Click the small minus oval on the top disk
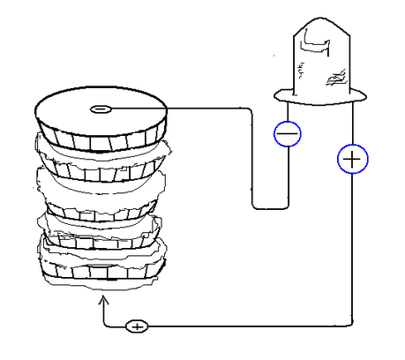click(101, 109)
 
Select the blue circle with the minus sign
click(288, 133)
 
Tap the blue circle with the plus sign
click(352, 159)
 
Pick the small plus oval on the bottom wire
click(137, 326)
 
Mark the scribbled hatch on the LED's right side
click(335, 78)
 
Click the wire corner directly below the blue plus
click(352, 325)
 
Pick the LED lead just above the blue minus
click(288, 109)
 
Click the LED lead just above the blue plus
click(352, 124)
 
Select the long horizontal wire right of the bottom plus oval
click(247, 326)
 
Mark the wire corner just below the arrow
click(106, 324)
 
